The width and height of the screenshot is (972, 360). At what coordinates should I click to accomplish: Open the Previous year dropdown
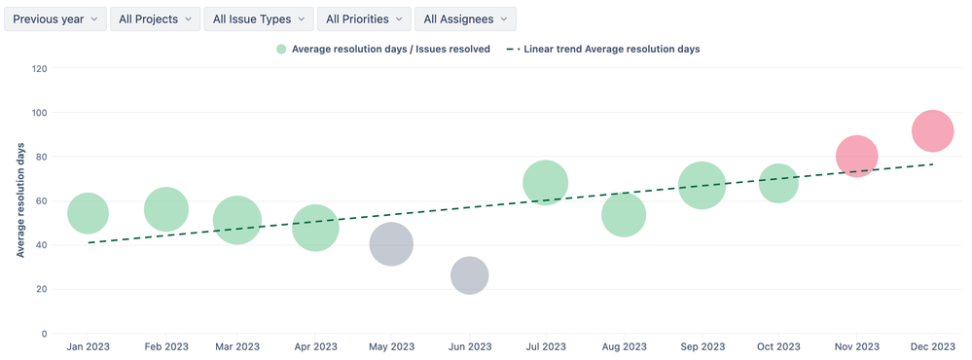[x=54, y=18]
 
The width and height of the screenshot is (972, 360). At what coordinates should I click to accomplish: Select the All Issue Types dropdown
[x=258, y=18]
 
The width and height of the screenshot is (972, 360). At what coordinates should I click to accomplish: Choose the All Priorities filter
[x=363, y=18]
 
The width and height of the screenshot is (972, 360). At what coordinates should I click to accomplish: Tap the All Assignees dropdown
[x=465, y=18]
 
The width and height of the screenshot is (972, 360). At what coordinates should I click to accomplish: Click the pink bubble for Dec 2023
[x=932, y=131]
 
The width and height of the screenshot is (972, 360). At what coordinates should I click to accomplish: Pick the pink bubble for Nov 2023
[x=856, y=156]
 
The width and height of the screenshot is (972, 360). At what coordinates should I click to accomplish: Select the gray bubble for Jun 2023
[x=469, y=276]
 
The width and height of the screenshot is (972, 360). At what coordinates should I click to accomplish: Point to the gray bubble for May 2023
[x=391, y=244]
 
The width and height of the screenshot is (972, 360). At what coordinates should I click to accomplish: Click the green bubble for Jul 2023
[x=545, y=183]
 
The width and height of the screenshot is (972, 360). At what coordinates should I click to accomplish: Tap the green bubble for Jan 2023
[x=88, y=213]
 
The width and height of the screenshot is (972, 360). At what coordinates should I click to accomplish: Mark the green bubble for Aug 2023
[x=624, y=215]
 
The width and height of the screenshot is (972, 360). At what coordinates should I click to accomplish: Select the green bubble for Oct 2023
[x=778, y=182]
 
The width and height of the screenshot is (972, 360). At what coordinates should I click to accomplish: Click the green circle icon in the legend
[x=281, y=49]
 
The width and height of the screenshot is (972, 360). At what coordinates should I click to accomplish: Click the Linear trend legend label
[x=611, y=49]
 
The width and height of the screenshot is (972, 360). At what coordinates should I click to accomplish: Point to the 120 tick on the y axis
[x=40, y=68]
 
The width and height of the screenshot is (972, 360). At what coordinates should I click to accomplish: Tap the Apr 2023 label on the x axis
[x=314, y=346]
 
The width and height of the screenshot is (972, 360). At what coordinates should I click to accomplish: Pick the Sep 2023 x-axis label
[x=702, y=346]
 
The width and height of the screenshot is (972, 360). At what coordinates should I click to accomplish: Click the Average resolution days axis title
[x=20, y=200]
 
